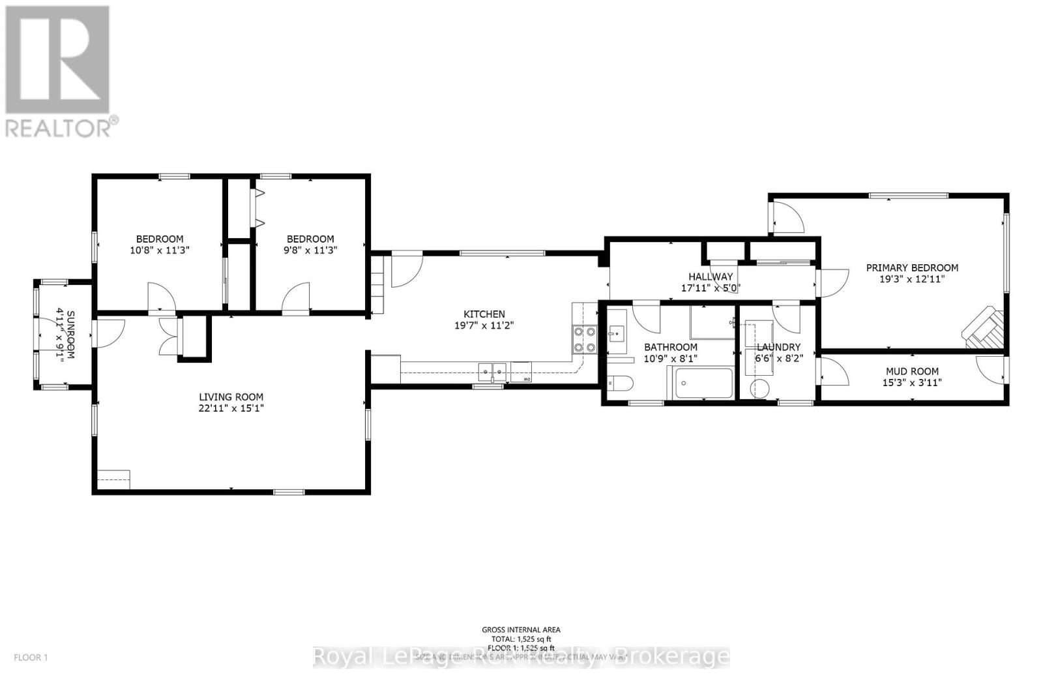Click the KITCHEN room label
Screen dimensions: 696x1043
pos(484,314)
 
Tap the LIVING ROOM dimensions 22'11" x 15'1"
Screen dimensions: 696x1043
pos(231,408)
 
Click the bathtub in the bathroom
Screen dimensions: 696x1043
pos(703,383)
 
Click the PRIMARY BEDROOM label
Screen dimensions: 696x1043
pos(912,267)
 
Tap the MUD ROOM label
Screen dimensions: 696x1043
pos(911,371)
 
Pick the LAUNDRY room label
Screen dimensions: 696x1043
pos(778,347)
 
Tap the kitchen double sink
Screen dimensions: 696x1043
pos(492,371)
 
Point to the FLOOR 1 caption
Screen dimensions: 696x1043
pos(31,658)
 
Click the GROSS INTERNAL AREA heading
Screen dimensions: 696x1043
pos(521,629)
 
